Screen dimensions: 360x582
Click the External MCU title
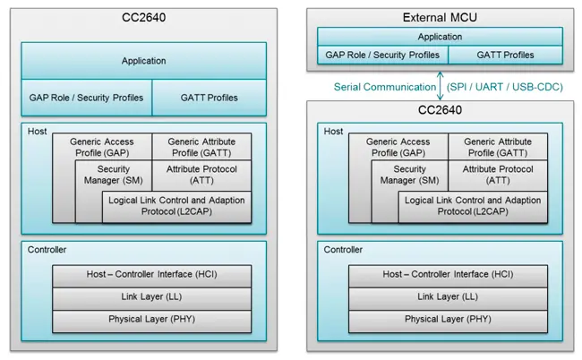[440, 18]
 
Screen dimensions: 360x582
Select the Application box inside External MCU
[440, 38]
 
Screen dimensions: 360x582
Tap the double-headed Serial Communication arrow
[441, 86]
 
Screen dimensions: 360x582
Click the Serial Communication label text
[384, 87]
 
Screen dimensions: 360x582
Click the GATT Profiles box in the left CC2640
[209, 97]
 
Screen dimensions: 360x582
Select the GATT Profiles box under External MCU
[505, 55]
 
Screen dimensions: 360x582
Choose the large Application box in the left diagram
[144, 61]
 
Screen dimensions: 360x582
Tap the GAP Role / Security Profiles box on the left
[86, 97]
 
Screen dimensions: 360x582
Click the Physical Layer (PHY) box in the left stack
[151, 319]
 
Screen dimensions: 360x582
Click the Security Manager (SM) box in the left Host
[114, 175]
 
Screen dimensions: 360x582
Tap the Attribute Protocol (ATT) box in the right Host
[497, 175]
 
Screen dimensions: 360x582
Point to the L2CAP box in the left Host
[175, 206]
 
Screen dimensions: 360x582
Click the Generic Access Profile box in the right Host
[398, 147]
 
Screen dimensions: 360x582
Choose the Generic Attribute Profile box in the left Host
[201, 147]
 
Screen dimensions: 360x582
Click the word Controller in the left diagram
[45, 250]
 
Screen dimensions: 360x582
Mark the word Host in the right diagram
[333, 132]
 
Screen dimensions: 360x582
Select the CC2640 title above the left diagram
[144, 18]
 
